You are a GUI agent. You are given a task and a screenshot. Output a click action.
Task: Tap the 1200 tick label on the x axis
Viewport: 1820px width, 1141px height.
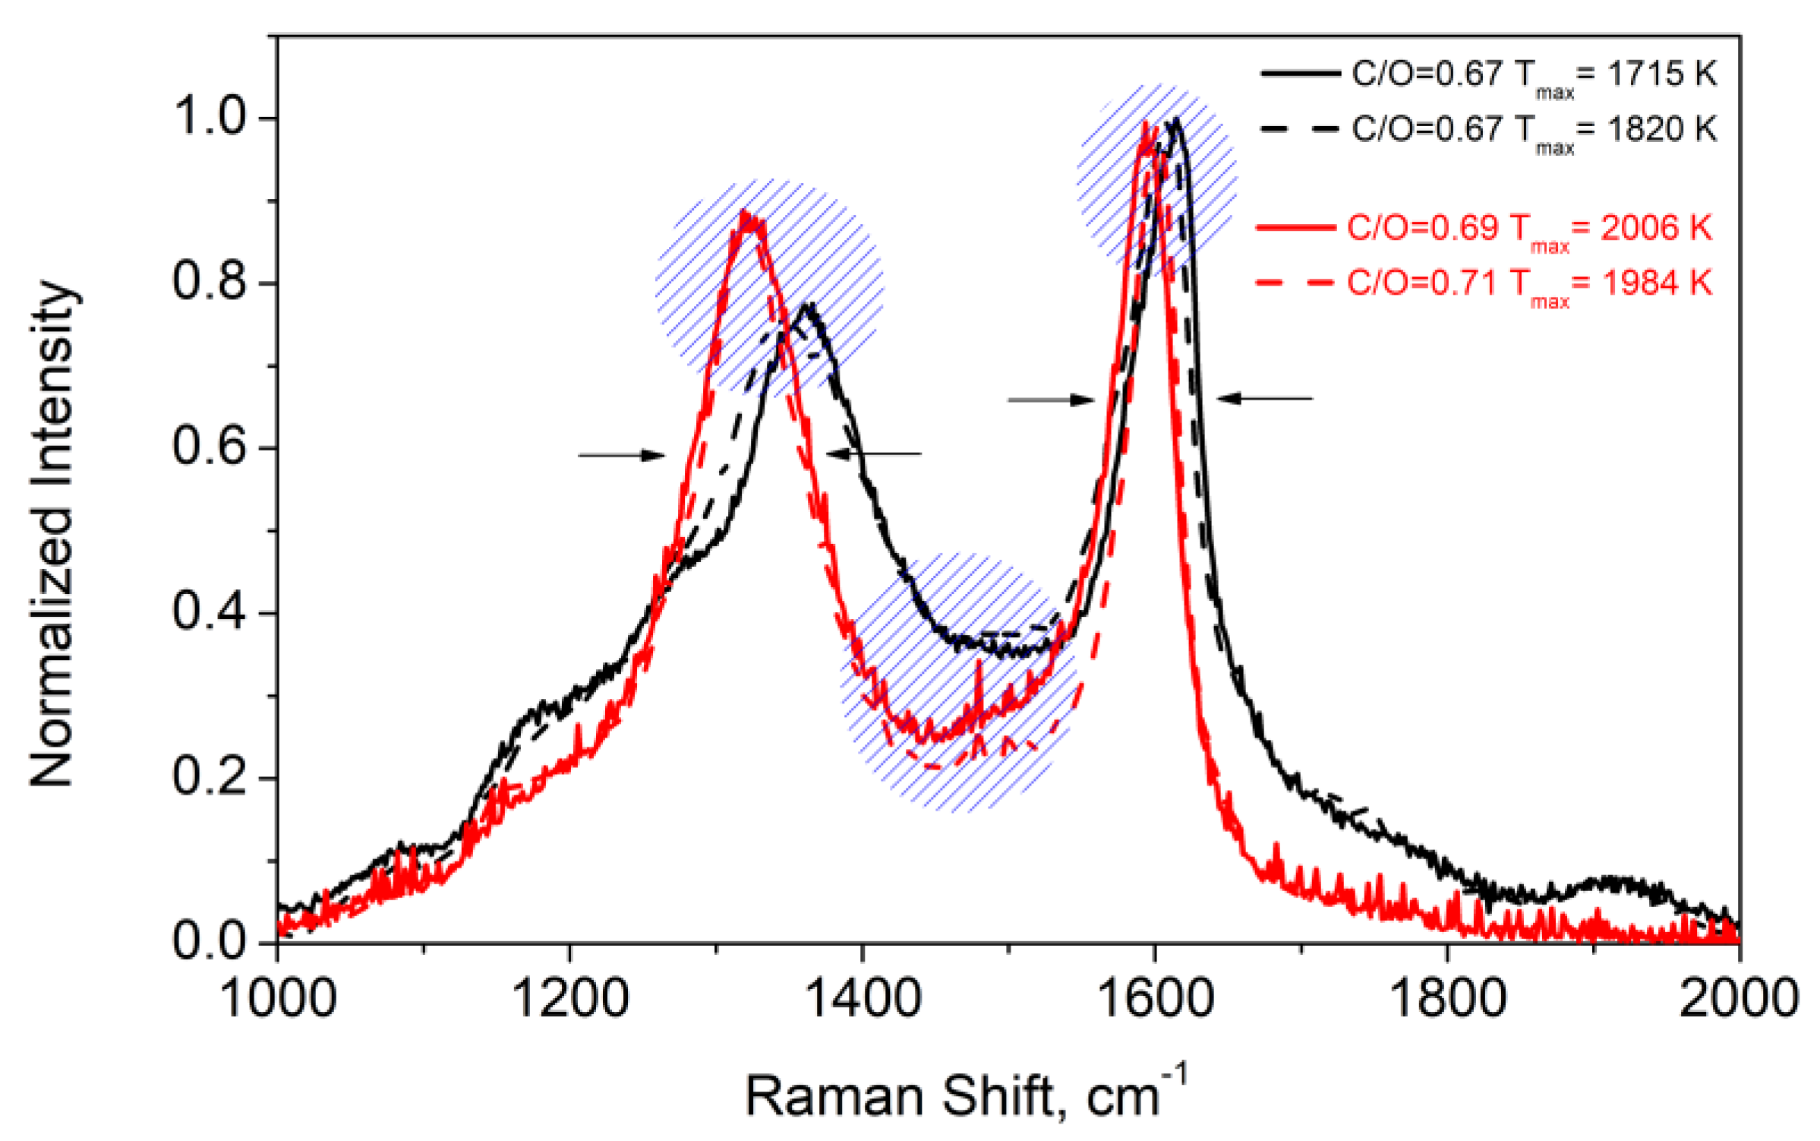pyautogui.click(x=570, y=997)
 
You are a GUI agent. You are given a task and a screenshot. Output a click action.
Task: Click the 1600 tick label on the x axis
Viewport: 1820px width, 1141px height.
pyautogui.click(x=1155, y=997)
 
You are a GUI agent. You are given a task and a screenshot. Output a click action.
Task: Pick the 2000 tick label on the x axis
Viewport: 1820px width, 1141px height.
pyautogui.click(x=1738, y=997)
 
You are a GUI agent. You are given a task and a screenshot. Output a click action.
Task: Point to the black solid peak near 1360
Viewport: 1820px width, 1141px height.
pyautogui.click(x=810, y=305)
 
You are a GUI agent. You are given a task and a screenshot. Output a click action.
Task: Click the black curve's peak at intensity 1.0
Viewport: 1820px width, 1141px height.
pyautogui.click(x=1176, y=119)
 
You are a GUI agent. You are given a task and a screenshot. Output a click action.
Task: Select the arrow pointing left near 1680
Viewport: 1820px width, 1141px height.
pyautogui.click(x=1265, y=398)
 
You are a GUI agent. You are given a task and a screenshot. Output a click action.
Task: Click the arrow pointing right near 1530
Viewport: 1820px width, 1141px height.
pyautogui.click(x=1051, y=400)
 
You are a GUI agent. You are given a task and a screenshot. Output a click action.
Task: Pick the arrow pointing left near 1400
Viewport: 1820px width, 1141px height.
pyautogui.click(x=874, y=454)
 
